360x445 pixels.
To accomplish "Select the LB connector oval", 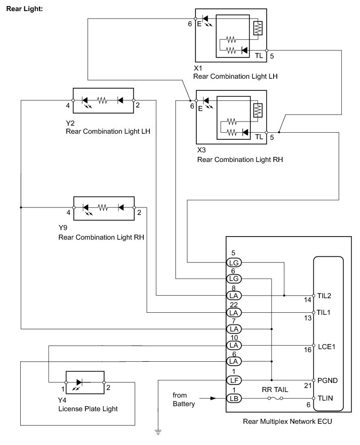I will pyautogui.click(x=234, y=398).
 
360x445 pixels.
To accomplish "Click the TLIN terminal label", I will pyautogui.click(x=325, y=398).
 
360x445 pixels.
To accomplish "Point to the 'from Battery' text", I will pyautogui.click(x=184, y=399).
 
